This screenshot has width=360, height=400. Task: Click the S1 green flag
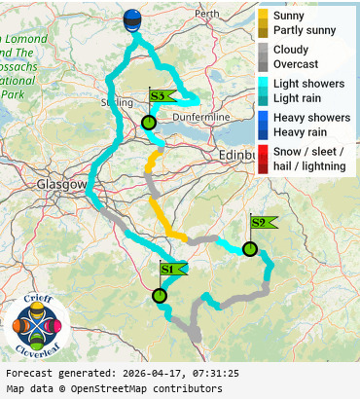pos(169,269)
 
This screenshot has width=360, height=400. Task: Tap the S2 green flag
pos(261,222)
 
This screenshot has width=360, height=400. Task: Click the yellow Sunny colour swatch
pos(263,17)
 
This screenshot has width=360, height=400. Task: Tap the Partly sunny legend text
pos(305,30)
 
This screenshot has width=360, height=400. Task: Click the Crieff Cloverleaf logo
pos(37,324)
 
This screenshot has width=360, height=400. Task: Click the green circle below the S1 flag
pos(160,296)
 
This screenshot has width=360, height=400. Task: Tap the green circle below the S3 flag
pos(148,123)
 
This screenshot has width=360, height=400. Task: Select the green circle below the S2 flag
pos(250,249)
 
